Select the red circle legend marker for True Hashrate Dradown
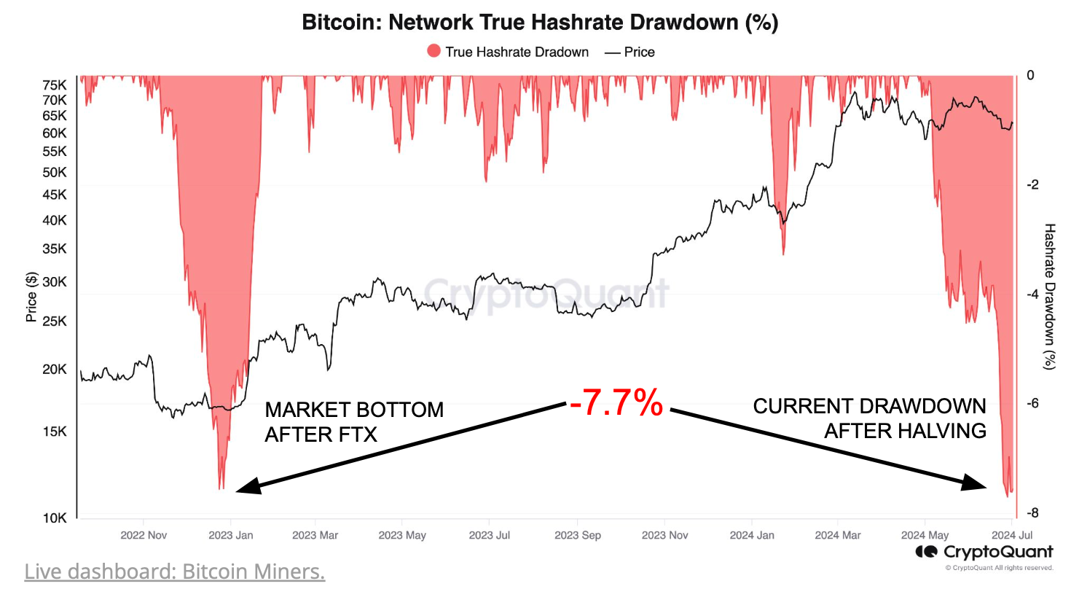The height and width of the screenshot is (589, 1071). pyautogui.click(x=434, y=52)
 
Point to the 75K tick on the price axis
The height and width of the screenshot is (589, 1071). pyautogui.click(x=55, y=83)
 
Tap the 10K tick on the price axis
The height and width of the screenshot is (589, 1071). pyautogui.click(x=55, y=518)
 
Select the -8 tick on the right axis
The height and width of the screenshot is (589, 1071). pyautogui.click(x=1032, y=513)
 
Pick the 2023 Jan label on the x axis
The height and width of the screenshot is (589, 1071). pyautogui.click(x=230, y=535)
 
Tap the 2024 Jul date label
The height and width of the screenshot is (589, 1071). pyautogui.click(x=1013, y=535)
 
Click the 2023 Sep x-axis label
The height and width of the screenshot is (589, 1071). pyautogui.click(x=578, y=535)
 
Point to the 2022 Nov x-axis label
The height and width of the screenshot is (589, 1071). pyautogui.click(x=143, y=535)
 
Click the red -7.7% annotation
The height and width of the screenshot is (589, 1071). pyautogui.click(x=616, y=403)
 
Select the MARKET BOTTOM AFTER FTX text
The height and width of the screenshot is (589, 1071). pyautogui.click(x=353, y=421)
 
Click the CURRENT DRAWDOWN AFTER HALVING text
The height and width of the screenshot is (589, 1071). pyautogui.click(x=869, y=418)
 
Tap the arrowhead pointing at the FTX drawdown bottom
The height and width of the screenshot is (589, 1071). pyautogui.click(x=248, y=486)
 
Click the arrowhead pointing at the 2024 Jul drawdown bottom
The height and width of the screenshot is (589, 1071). pyautogui.click(x=978, y=482)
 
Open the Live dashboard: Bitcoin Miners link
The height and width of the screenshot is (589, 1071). pyautogui.click(x=175, y=571)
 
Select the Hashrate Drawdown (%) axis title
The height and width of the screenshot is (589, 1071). pyautogui.click(x=1050, y=295)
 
